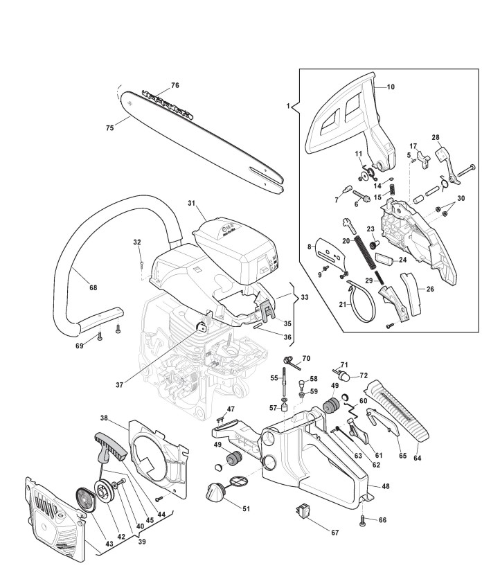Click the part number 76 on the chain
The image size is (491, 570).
click(175, 85)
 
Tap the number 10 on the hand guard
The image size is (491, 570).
click(390, 87)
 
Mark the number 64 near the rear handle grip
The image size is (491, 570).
click(417, 457)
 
